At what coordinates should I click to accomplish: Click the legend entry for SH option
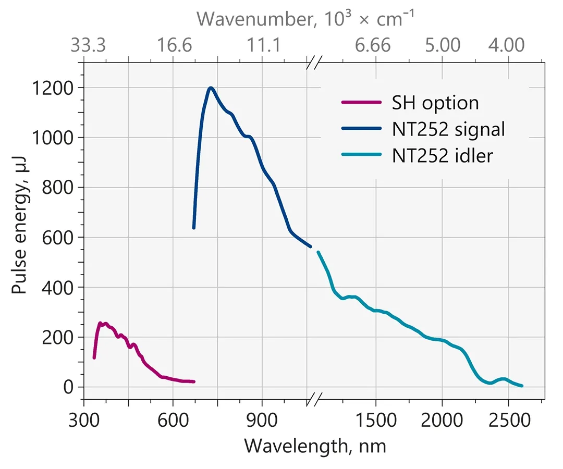(x=435, y=103)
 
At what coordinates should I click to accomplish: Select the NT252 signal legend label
(x=448, y=129)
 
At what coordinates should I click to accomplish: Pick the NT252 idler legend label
(x=442, y=155)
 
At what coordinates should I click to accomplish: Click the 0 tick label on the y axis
(x=69, y=387)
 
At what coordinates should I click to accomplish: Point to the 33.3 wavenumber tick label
(x=88, y=46)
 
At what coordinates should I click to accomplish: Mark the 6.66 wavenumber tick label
(x=373, y=46)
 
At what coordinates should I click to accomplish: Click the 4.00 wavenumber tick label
(x=507, y=46)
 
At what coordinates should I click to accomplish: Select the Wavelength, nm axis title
(x=315, y=446)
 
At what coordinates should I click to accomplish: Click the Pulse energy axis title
(x=20, y=230)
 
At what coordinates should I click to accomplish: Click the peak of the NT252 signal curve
(x=211, y=88)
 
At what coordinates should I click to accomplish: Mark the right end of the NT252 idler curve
(x=522, y=386)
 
